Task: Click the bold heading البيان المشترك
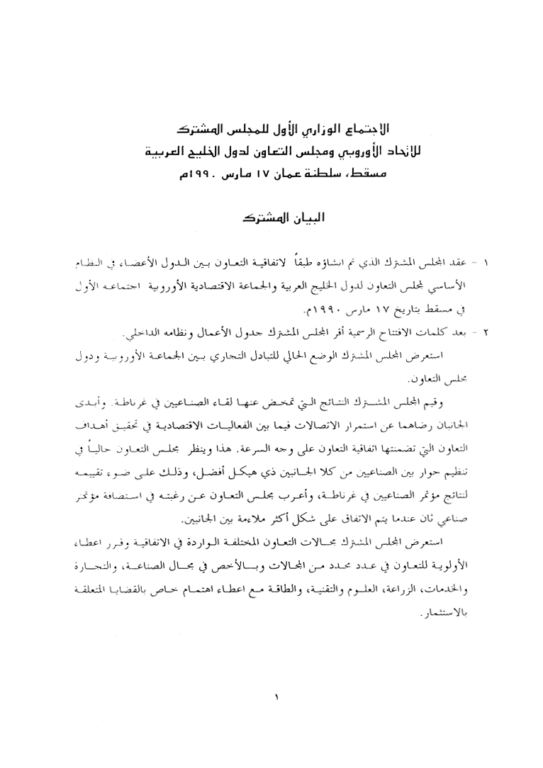click(x=271, y=218)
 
